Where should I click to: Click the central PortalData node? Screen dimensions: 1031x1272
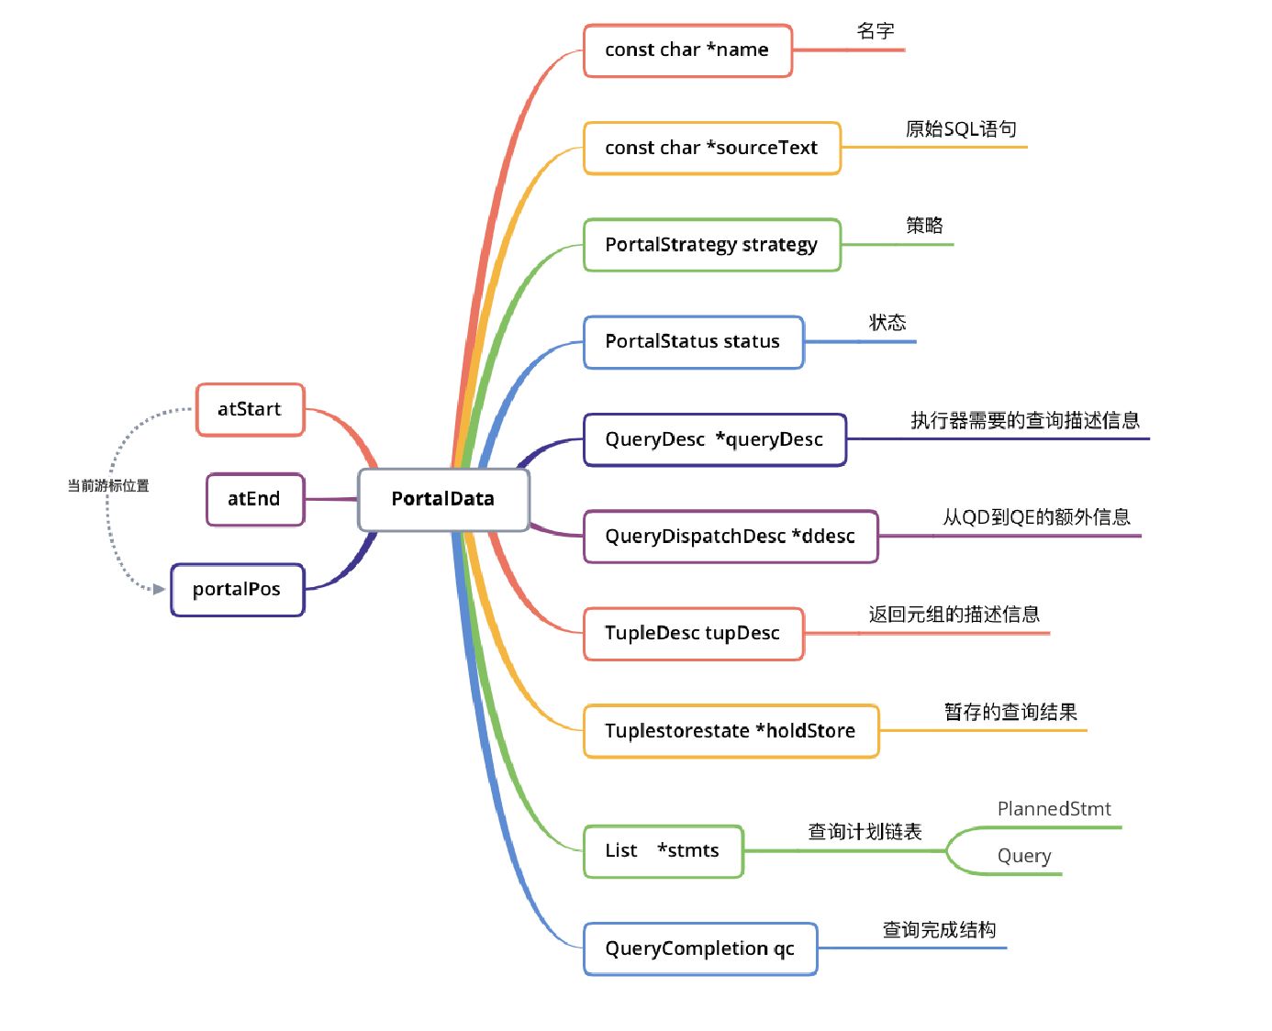[443, 499]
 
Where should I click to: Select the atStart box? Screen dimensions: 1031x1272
[250, 409]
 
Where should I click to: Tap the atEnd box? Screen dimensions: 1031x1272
[254, 499]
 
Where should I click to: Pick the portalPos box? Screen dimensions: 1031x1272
[237, 589]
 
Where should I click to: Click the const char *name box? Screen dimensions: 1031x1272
[687, 50]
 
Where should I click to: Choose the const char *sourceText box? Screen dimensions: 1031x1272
[711, 148]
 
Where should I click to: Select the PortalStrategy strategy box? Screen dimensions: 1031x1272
[711, 245]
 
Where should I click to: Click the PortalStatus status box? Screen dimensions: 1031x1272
[693, 342]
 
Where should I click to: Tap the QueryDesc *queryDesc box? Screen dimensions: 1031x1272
[714, 439]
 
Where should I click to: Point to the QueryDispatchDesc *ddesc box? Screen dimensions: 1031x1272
[731, 537]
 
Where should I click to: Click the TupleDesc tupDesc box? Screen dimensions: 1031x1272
[693, 634]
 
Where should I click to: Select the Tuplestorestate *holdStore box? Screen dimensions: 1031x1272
[731, 731]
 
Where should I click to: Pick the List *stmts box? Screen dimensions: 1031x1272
[663, 851]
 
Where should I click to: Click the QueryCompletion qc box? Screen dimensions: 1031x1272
[699, 948]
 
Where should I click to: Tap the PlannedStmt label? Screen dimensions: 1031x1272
[1054, 809]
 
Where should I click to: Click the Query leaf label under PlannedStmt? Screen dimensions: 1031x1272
[1024, 856]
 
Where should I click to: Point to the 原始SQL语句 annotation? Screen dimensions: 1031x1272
[961, 129]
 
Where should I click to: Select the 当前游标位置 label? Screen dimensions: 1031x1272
[108, 486]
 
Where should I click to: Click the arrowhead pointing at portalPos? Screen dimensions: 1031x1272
[160, 589]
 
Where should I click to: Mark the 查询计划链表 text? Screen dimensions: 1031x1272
[865, 832]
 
